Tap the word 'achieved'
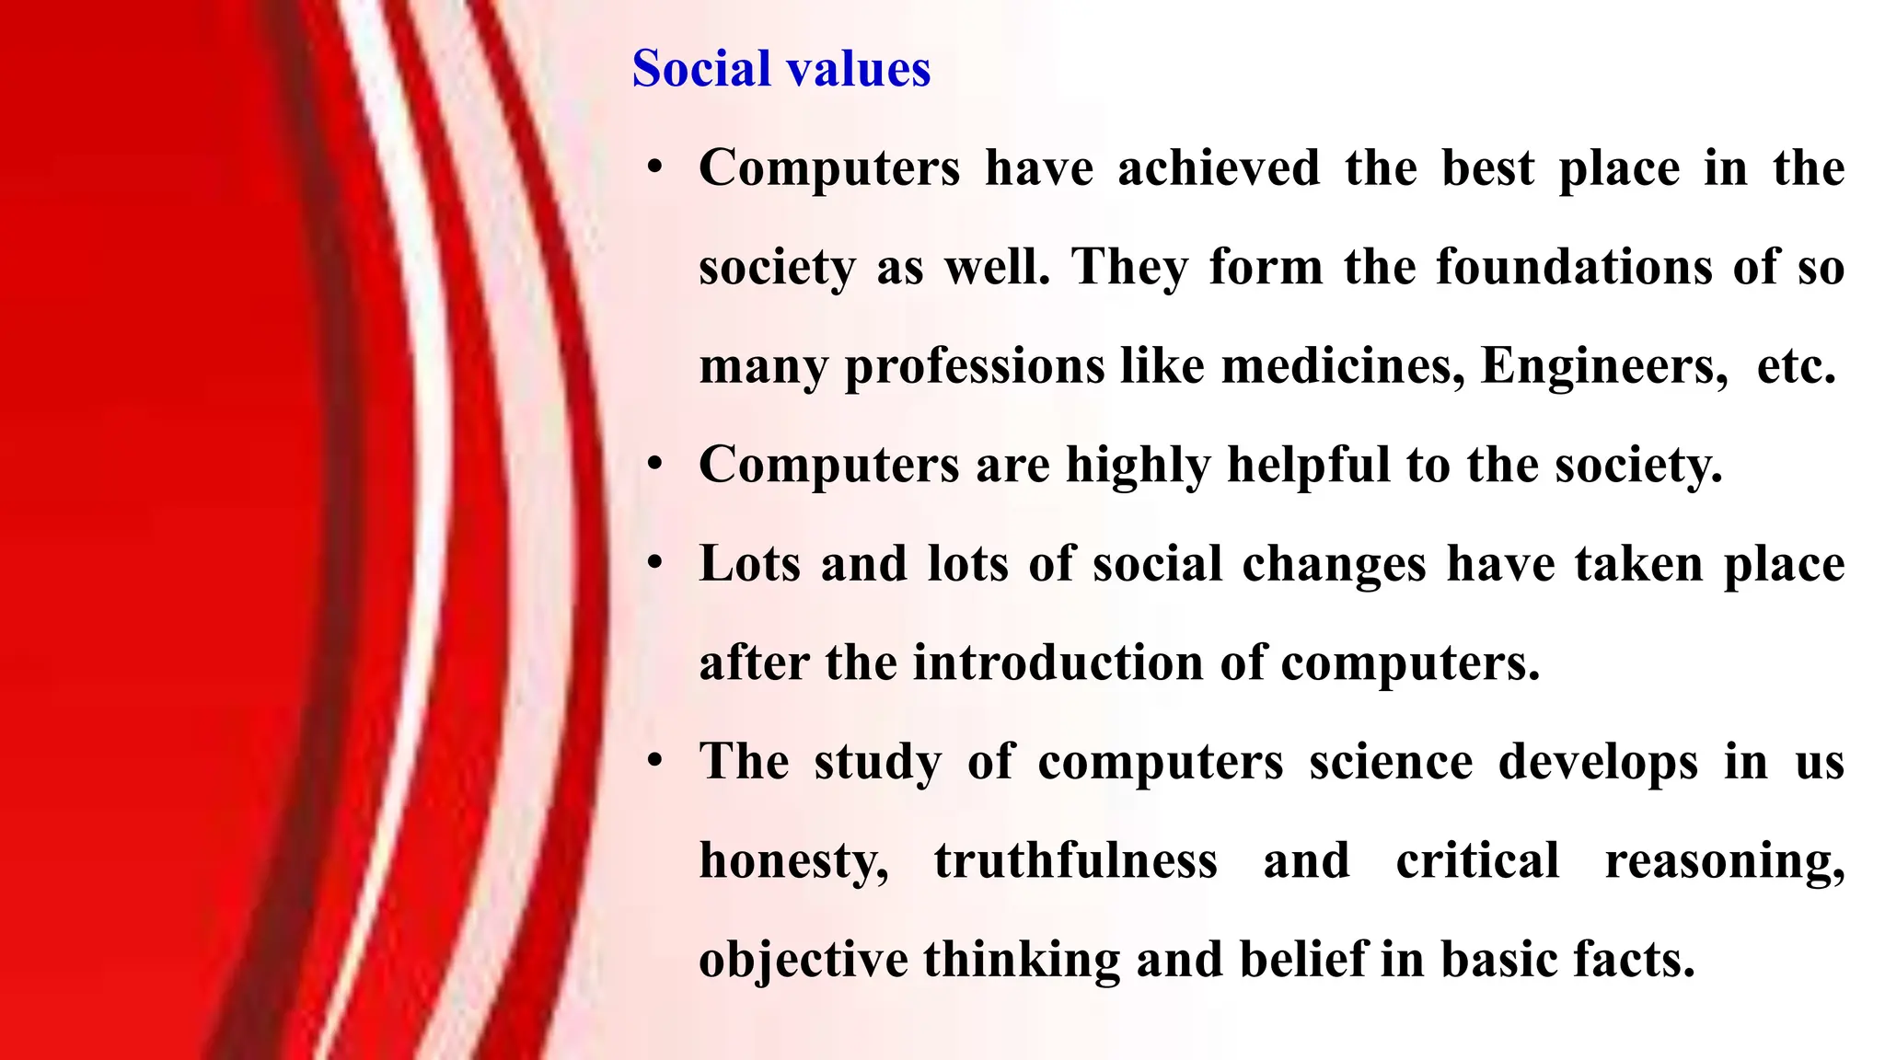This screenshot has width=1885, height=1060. point(1219,168)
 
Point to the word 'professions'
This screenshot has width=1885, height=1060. point(975,367)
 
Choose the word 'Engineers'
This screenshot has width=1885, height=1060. point(1604,366)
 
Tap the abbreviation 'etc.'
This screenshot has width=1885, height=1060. point(1797,366)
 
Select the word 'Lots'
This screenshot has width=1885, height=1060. point(750,564)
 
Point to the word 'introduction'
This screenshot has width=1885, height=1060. point(1058,663)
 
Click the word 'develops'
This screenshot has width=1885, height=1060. point(1598,763)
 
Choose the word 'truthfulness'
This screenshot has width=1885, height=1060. point(1076,861)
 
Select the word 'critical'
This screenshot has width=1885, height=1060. point(1477,861)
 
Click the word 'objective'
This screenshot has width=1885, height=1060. point(803,961)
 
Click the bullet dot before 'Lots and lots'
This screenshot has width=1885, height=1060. point(654,564)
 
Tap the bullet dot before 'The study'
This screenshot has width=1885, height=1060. point(654,762)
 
